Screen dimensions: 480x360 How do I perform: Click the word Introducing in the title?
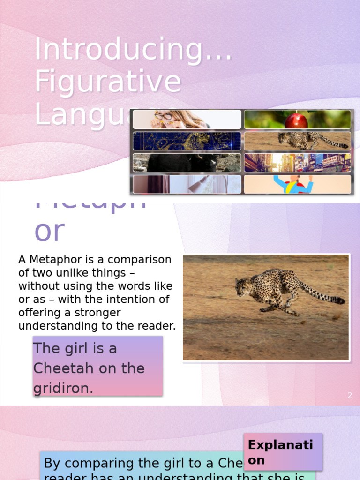tap(120, 50)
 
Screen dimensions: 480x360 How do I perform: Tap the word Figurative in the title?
tap(108, 81)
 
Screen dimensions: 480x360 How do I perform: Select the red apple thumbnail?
tap(297, 120)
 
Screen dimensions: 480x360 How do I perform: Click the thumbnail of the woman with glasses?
tap(187, 120)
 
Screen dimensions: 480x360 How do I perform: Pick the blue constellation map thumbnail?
tap(187, 141)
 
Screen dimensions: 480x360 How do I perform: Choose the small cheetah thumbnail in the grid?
tap(297, 141)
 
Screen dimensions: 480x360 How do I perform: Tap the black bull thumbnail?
tap(187, 163)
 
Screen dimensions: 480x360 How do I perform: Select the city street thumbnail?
tap(297, 163)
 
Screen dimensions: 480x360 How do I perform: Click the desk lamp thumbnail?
tap(187, 184)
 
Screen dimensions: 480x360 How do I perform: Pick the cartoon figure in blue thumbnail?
tap(297, 184)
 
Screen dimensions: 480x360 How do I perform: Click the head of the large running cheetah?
tap(242, 286)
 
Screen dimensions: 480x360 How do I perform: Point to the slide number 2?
tap(350, 396)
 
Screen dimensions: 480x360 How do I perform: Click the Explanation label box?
tap(283, 452)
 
